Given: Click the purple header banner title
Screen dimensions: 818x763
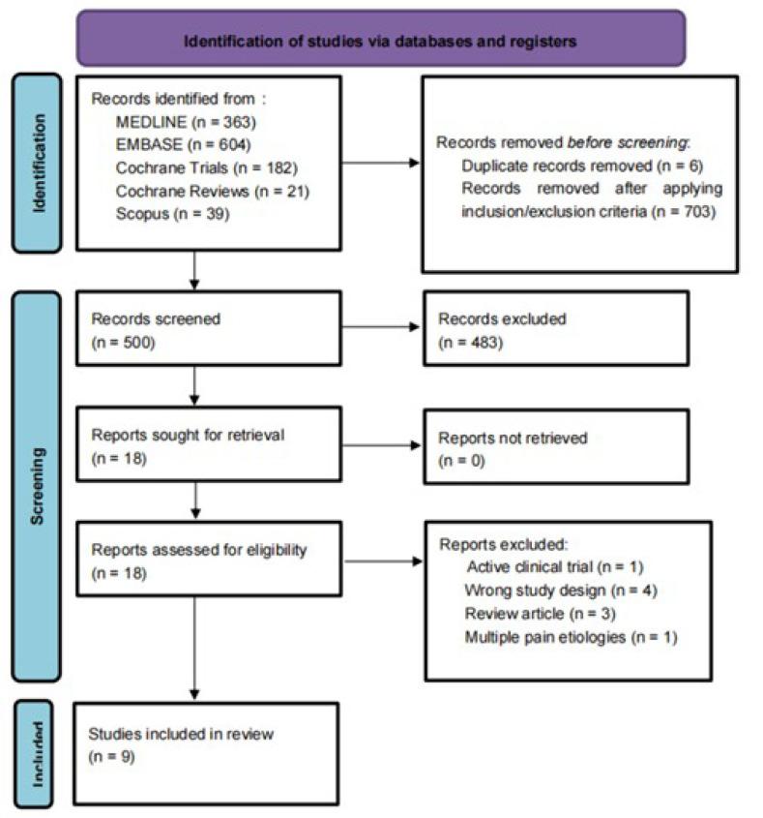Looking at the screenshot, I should click(x=381, y=42).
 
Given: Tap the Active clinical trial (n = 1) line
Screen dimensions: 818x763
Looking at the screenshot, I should click(x=554, y=565).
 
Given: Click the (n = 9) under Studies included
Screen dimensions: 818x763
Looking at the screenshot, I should click(x=111, y=755).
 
